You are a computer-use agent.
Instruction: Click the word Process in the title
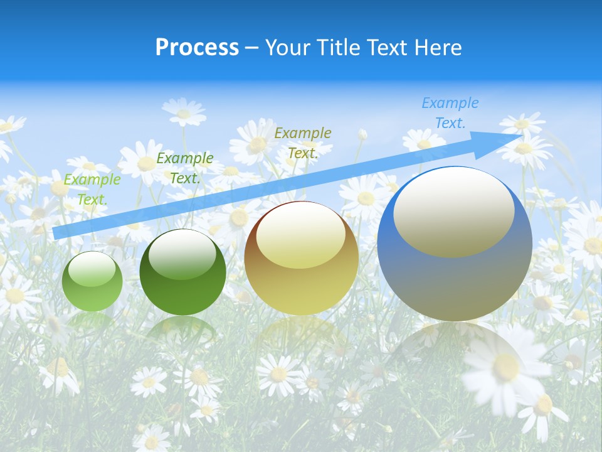[197, 48]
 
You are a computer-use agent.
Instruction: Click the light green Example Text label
[92, 190]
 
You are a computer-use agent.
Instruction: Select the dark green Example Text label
[185, 168]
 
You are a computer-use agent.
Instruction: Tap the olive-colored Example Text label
[303, 143]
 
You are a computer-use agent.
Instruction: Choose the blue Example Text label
[450, 113]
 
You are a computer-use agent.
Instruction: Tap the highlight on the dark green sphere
[182, 254]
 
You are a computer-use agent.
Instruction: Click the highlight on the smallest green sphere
[92, 271]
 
